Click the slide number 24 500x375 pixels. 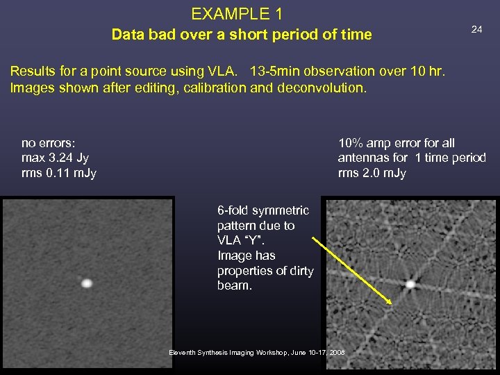(x=476, y=29)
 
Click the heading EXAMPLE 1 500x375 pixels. (x=237, y=14)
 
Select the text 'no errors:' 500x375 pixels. (x=48, y=143)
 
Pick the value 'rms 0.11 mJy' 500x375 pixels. (x=59, y=173)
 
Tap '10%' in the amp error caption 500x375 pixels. (x=351, y=143)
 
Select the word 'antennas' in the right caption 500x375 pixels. (x=364, y=158)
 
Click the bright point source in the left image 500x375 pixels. (x=87, y=283)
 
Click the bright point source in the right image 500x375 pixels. (x=410, y=283)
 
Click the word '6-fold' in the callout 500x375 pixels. (x=233, y=210)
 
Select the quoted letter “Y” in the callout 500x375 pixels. (x=258, y=241)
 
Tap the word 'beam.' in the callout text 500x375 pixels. (x=233, y=286)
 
